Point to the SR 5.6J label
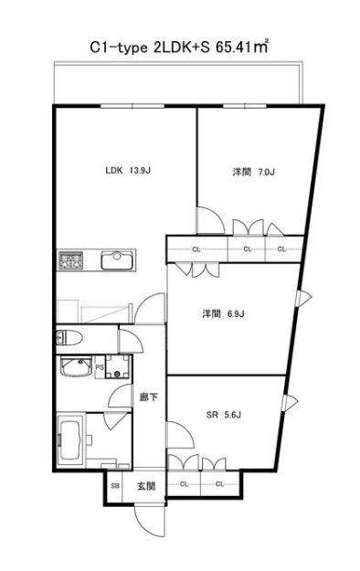[227, 413]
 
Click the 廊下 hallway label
[148, 398]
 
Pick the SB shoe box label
[115, 484]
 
